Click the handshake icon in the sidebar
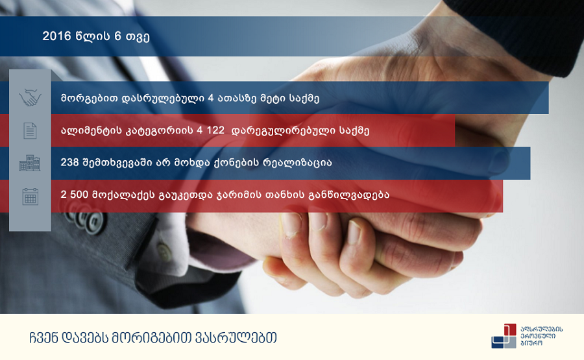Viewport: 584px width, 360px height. click(x=30, y=97)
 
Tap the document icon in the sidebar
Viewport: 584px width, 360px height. click(x=30, y=130)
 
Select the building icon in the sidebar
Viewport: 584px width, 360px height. click(x=30, y=163)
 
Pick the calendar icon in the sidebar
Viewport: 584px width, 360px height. click(x=30, y=196)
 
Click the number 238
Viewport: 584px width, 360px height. click(x=69, y=162)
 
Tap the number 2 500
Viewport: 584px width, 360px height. click(x=75, y=195)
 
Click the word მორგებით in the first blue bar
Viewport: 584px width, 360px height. click(x=88, y=99)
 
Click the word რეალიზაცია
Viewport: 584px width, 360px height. click(x=292, y=163)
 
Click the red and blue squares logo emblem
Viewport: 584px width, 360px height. click(x=504, y=336)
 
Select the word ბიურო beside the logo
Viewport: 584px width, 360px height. click(x=531, y=343)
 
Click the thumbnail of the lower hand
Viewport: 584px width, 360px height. click(x=353, y=232)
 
